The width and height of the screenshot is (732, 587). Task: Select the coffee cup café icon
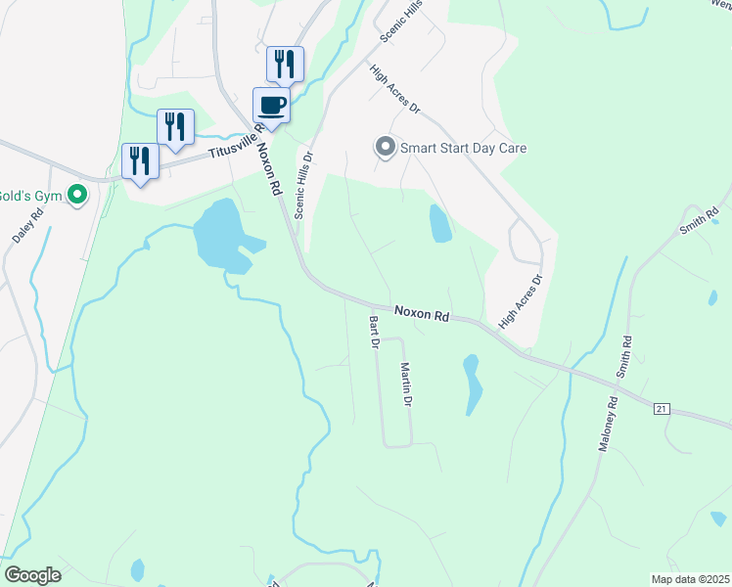click(x=271, y=106)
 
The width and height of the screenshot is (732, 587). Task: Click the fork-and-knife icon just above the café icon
click(x=285, y=65)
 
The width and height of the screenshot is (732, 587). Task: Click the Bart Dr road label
click(x=373, y=332)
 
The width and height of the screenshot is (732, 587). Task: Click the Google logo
click(x=32, y=575)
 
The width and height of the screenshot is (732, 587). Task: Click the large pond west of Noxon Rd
click(x=220, y=235)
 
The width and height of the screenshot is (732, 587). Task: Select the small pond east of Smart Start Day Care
click(x=440, y=224)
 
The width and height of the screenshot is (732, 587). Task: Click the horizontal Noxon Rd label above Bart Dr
click(x=422, y=314)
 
